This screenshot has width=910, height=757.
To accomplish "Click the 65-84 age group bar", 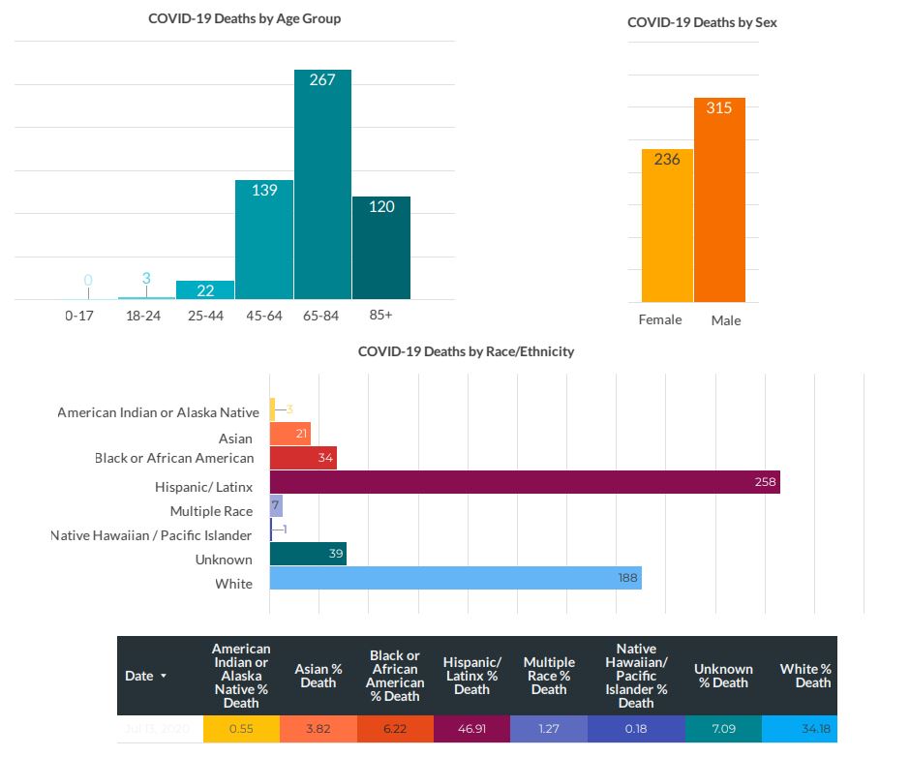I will coord(322,184).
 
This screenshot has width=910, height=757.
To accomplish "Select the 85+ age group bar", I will coord(381,248).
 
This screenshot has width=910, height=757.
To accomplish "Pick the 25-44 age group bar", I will coord(205,289).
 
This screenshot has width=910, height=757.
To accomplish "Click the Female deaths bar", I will coord(667,224).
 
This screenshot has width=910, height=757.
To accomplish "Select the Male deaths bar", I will coord(719,199).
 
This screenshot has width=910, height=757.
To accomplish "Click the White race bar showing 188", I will coord(455,578).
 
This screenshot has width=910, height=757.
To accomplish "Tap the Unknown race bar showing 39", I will coord(308,554).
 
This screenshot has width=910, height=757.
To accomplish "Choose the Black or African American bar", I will coord(303,458).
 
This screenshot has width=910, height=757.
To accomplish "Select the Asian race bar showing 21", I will coord(290,434).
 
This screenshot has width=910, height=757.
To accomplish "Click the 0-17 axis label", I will coord(79,316).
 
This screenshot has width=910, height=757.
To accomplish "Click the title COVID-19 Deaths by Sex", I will coord(702,22).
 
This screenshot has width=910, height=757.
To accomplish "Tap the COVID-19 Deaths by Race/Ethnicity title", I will coord(466,351).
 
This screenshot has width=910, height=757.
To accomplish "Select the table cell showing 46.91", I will coord(471,729).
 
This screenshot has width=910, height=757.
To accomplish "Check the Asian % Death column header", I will coord(318,676).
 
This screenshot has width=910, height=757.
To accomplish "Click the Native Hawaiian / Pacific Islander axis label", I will coord(151,535).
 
